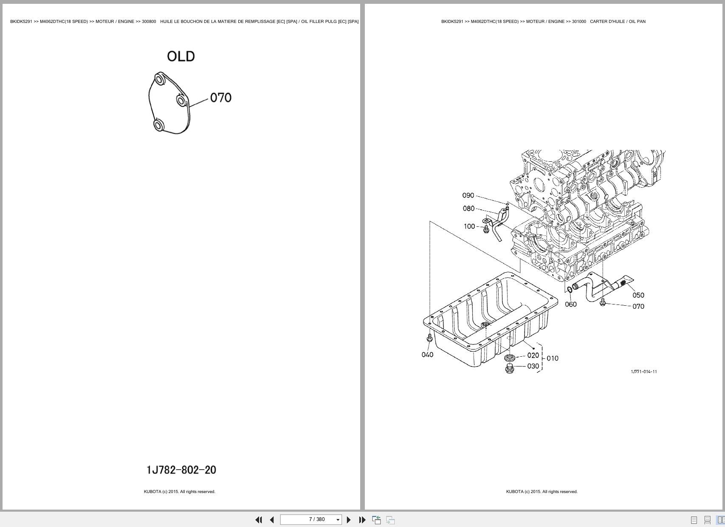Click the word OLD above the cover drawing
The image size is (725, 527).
(181, 56)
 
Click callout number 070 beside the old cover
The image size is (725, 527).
(221, 98)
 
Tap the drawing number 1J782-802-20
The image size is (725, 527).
(181, 470)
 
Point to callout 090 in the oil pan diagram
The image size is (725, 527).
(468, 195)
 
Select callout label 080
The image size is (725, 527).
(468, 209)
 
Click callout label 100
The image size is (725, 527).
(469, 226)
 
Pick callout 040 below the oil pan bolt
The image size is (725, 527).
(427, 355)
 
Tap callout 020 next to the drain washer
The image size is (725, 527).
(533, 355)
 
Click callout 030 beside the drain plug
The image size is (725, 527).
(533, 366)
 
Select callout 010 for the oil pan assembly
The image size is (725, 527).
(553, 358)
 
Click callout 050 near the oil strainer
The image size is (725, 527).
(638, 295)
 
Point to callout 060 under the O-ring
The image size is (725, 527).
(571, 304)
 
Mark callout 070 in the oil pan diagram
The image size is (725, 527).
(638, 307)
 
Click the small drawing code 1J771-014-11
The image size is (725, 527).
(644, 372)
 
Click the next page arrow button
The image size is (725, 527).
(349, 520)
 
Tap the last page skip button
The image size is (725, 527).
(362, 520)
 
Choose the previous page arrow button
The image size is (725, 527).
(272, 520)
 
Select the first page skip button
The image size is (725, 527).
(258, 520)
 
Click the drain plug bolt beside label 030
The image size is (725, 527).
(510, 369)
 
